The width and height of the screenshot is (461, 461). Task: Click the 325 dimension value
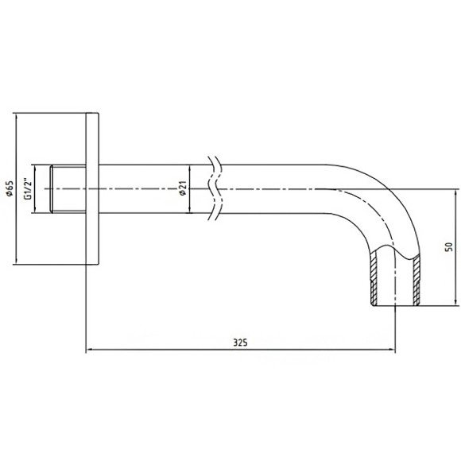pyautogui.click(x=240, y=343)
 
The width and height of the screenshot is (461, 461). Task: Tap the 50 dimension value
pyautogui.click(x=448, y=246)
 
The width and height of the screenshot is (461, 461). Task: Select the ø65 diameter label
pyautogui.click(x=10, y=188)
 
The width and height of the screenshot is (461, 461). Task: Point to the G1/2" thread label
pyautogui.click(x=28, y=188)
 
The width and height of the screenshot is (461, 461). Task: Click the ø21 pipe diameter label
pyautogui.click(x=183, y=188)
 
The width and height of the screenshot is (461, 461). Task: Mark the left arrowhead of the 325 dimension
pyautogui.click(x=89, y=350)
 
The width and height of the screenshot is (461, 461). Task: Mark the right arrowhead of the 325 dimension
pyautogui.click(x=392, y=350)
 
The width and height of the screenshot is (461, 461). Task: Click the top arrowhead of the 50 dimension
pyautogui.click(x=456, y=192)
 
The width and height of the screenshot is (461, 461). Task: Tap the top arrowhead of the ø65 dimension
pyautogui.click(x=16, y=116)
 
